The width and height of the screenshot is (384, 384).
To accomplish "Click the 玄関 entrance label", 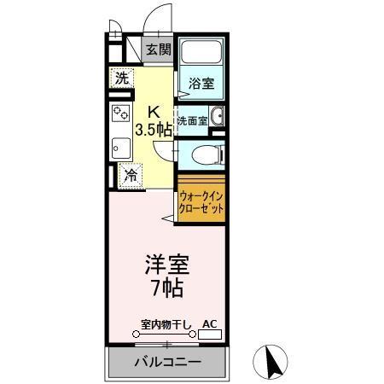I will pyautogui.click(x=158, y=49).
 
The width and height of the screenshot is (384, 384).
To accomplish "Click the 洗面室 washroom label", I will pyautogui.click(x=192, y=120).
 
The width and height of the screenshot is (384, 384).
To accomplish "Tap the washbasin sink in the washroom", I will pyautogui.click(x=217, y=119).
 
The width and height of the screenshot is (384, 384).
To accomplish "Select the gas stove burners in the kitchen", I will pyautogui.click(x=119, y=114).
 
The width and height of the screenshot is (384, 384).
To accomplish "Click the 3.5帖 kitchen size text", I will pyautogui.click(x=154, y=130).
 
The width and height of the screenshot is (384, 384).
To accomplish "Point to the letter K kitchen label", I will pyautogui.click(x=154, y=111).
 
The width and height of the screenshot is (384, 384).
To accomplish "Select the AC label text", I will pyautogui.click(x=209, y=324).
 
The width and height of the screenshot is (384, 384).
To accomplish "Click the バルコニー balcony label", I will pyautogui.click(x=167, y=363).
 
